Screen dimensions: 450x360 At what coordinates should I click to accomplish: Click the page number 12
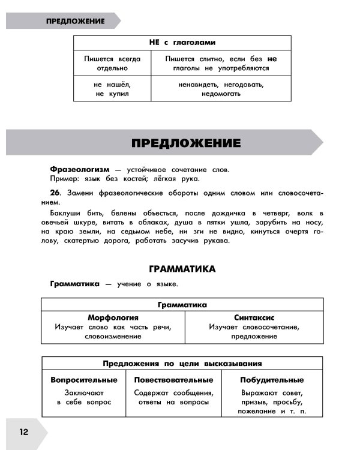coord(23,433)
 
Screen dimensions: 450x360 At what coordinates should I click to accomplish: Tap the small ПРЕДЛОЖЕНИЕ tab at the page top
coord(75,21)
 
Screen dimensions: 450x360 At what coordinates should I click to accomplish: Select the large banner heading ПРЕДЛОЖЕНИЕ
coord(185,143)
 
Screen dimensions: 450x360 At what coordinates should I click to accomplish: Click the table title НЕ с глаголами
coord(182,43)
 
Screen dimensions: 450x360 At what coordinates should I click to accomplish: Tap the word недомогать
coord(221,94)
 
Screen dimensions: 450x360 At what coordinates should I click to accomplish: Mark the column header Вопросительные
coord(84,380)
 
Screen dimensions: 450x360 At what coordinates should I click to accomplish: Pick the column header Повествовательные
coord(173,380)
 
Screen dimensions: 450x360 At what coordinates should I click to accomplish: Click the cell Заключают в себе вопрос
coord(84,397)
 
